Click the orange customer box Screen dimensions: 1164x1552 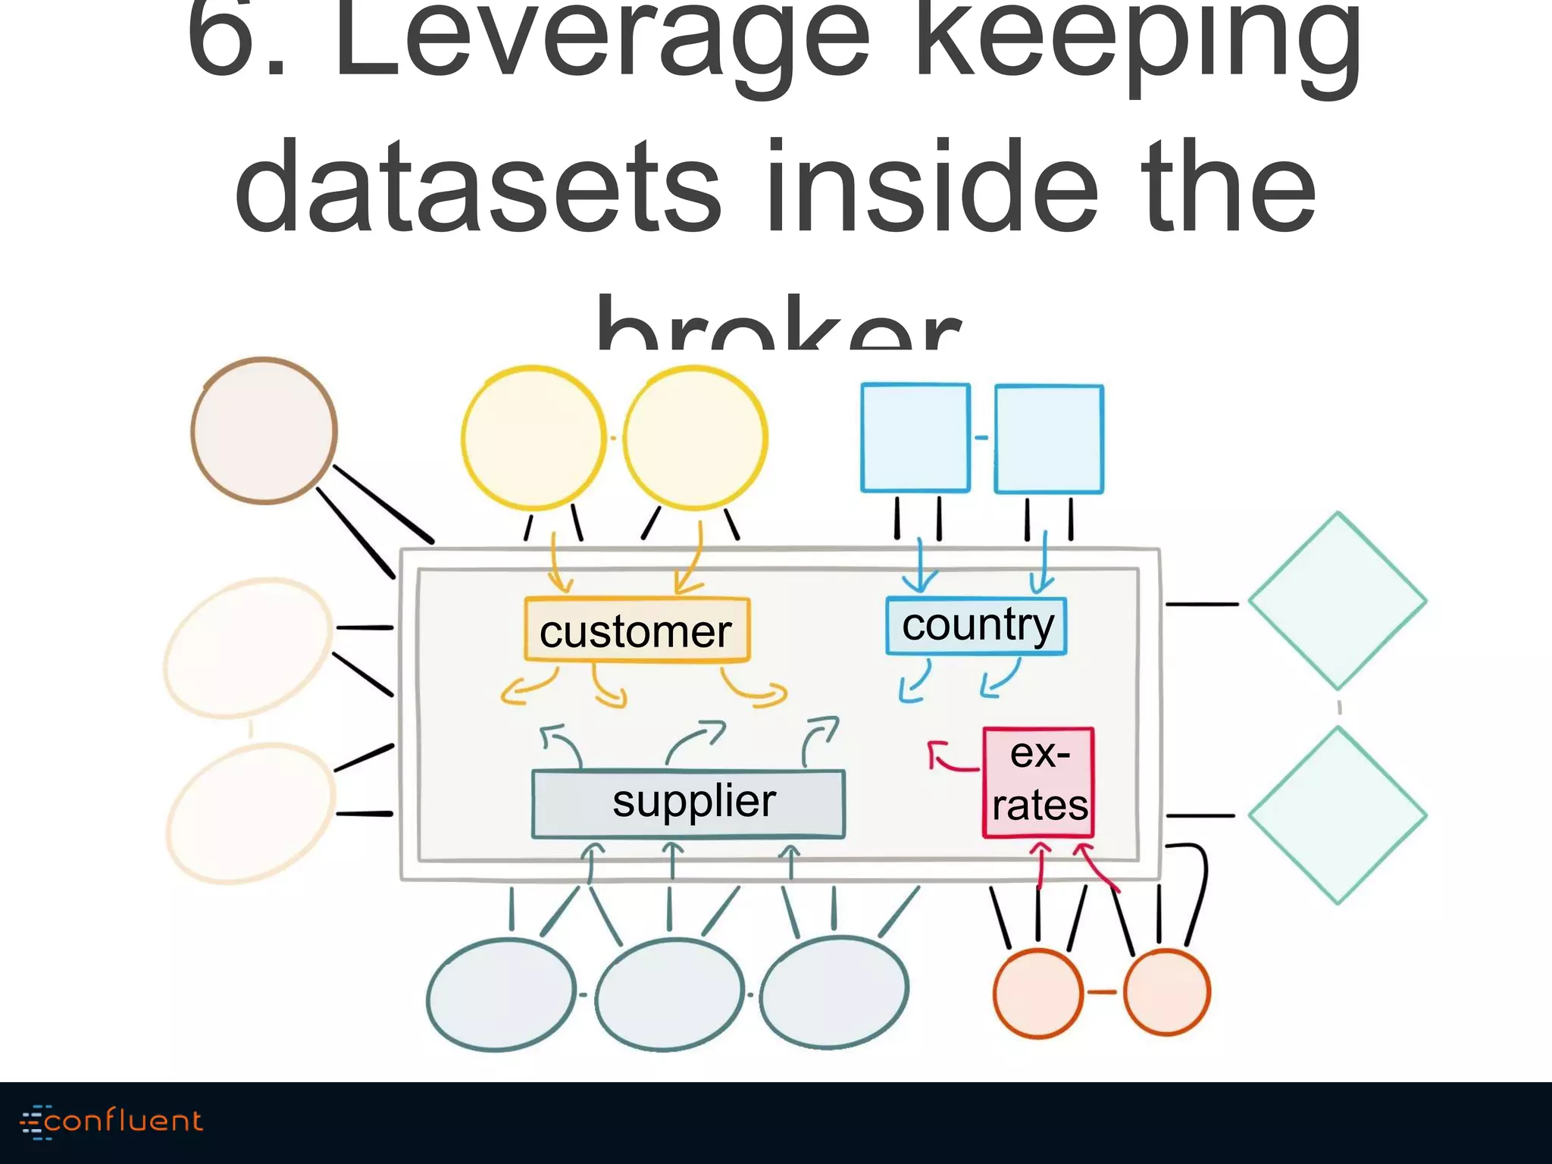[637, 630]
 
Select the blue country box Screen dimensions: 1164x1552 [976, 626]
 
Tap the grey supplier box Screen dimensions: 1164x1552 [688, 803]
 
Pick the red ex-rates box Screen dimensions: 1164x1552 [1038, 782]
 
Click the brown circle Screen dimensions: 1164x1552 [264, 430]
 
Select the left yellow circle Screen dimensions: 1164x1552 [533, 438]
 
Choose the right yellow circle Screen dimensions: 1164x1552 [695, 438]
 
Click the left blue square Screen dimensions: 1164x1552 [915, 438]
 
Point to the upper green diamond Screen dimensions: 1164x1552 [1338, 601]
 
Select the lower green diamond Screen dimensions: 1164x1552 [1338, 815]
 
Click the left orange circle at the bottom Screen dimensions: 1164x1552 [1037, 992]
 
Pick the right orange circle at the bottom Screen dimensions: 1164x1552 [1167, 992]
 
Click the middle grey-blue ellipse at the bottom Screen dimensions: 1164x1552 [668, 994]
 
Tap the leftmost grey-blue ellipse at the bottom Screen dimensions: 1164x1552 [501, 994]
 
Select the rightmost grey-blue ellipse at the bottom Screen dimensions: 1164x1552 [834, 993]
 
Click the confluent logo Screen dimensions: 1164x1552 [112, 1122]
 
